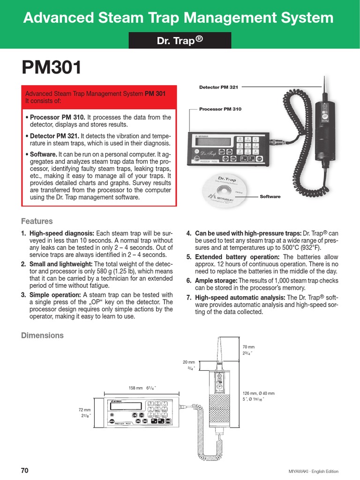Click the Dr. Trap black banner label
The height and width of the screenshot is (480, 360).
click(180, 41)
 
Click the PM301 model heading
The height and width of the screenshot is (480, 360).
click(52, 68)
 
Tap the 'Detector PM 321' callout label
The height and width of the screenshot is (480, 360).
click(218, 87)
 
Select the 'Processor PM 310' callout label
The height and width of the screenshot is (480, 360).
click(220, 109)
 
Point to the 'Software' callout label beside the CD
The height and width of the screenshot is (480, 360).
click(270, 196)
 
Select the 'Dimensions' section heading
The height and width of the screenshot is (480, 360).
click(42, 336)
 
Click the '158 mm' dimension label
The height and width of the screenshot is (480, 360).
click(135, 388)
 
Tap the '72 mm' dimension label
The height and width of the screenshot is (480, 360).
click(84, 410)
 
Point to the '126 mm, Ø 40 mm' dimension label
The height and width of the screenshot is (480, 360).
click(258, 393)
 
